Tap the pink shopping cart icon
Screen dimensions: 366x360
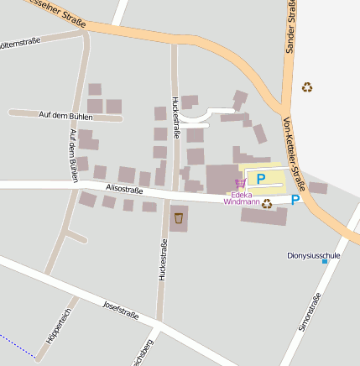tap(241, 182)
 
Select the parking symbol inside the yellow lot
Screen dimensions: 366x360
tap(260, 178)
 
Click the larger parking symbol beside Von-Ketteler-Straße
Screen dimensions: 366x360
tap(295, 200)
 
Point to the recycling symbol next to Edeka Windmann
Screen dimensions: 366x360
tap(267, 203)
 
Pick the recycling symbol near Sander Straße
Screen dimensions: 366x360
tap(307, 86)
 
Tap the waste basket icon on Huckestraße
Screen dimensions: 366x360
tap(178, 218)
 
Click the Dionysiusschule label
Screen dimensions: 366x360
tap(313, 254)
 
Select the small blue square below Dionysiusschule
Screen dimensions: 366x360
tap(325, 261)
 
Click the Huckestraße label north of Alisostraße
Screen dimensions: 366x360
tap(175, 118)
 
